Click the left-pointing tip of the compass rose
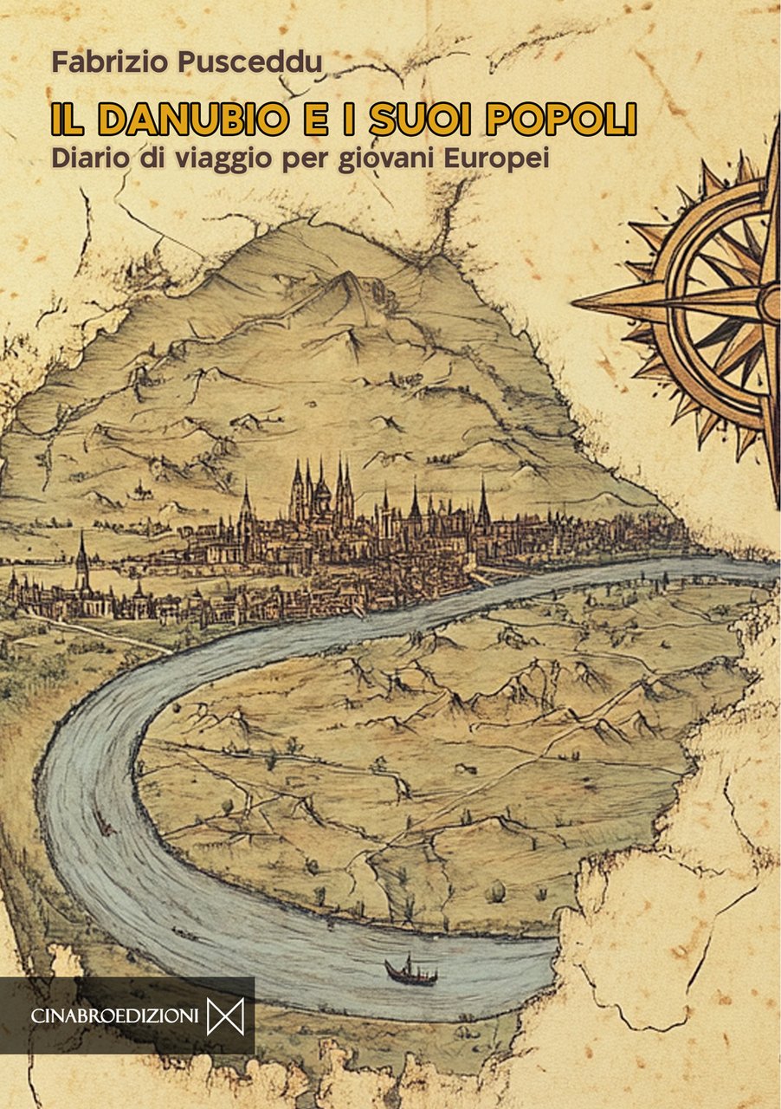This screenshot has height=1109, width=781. coord(578,303)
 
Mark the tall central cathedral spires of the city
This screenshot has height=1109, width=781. coord(321,490)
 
